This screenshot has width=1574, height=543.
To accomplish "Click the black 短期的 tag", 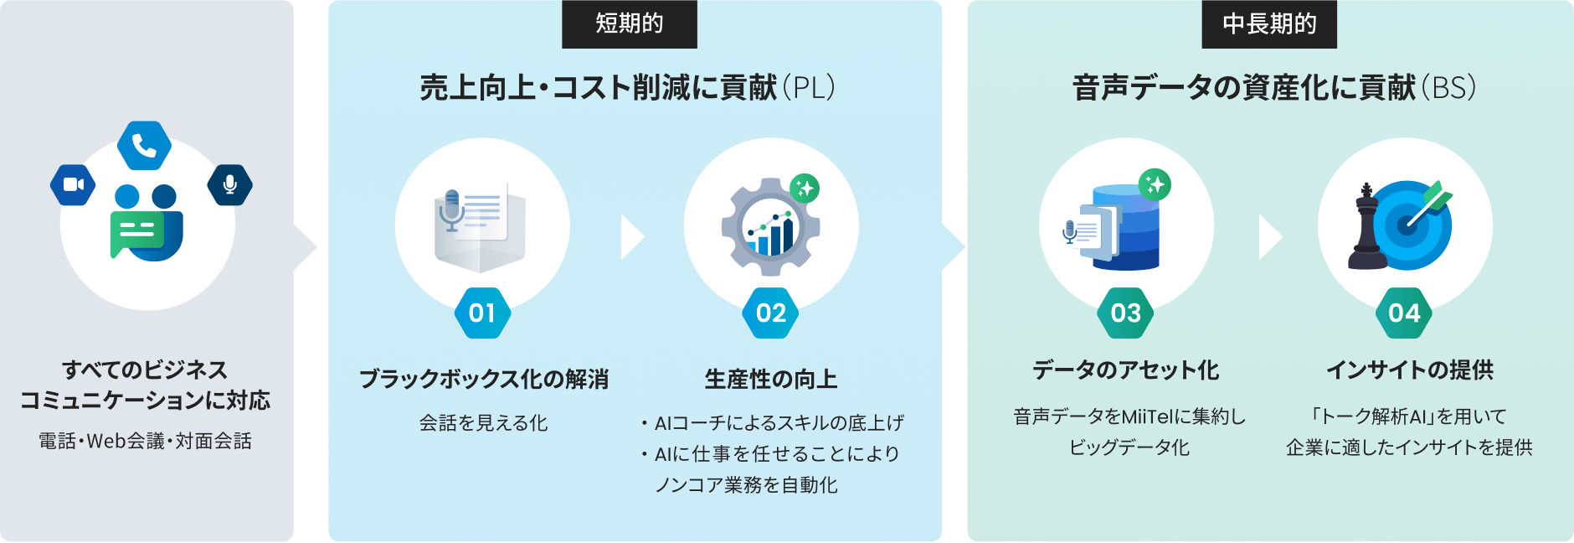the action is tap(629, 23).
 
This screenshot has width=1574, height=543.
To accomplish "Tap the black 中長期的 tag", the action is tap(1269, 23).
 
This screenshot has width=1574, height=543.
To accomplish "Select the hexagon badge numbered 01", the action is tap(482, 313).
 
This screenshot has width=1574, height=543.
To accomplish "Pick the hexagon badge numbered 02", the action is tap(771, 313).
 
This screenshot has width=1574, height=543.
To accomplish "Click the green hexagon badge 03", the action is tap(1126, 313).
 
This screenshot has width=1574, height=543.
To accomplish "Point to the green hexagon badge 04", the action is tap(1405, 313).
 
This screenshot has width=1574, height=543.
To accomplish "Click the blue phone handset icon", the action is tap(144, 146).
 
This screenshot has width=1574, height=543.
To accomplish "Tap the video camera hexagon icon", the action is tap(73, 184).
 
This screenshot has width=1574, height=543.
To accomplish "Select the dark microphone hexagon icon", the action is tap(230, 184).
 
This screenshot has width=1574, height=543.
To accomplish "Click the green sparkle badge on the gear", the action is tap(805, 189).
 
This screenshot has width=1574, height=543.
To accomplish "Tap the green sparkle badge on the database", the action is tap(1155, 184).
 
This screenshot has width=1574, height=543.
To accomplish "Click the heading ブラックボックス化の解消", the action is tap(483, 379).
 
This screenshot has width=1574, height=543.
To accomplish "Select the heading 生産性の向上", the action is tap(771, 379).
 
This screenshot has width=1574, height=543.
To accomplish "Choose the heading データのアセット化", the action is tap(1126, 370).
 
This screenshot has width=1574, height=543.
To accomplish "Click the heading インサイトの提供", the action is tap(1410, 370).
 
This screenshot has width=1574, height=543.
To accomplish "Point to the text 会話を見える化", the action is tap(483, 423).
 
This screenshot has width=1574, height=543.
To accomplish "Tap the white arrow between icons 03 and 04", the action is tap(1270, 237).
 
